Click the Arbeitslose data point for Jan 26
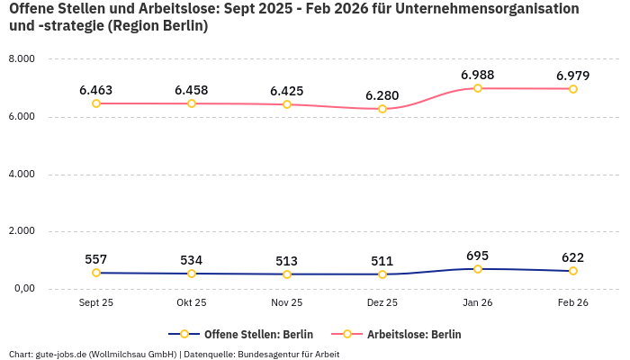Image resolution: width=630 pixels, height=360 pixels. pyautogui.click(x=478, y=88)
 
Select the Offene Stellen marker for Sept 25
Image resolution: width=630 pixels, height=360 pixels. pyautogui.click(x=96, y=273)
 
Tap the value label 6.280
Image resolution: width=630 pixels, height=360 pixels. pyautogui.click(x=382, y=95)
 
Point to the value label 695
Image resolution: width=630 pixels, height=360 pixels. pyautogui.click(x=478, y=256)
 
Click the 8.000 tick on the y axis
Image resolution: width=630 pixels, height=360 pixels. pyautogui.click(x=21, y=59)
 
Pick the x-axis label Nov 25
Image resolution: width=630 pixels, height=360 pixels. pyautogui.click(x=287, y=303)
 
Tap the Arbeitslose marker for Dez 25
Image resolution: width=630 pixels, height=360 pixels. pyautogui.click(x=382, y=109)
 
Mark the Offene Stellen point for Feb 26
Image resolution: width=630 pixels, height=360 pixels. pyautogui.click(x=573, y=271)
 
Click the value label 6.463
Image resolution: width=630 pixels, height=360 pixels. pyautogui.click(x=96, y=90)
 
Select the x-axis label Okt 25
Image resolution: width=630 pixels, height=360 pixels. pyautogui.click(x=192, y=303)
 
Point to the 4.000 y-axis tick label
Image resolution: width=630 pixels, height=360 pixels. pyautogui.click(x=21, y=174)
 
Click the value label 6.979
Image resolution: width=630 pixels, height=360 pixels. pyautogui.click(x=573, y=76)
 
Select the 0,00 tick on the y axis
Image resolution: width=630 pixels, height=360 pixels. pyautogui.click(x=22, y=289)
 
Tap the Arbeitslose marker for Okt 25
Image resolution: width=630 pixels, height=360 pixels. pyautogui.click(x=192, y=103)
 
